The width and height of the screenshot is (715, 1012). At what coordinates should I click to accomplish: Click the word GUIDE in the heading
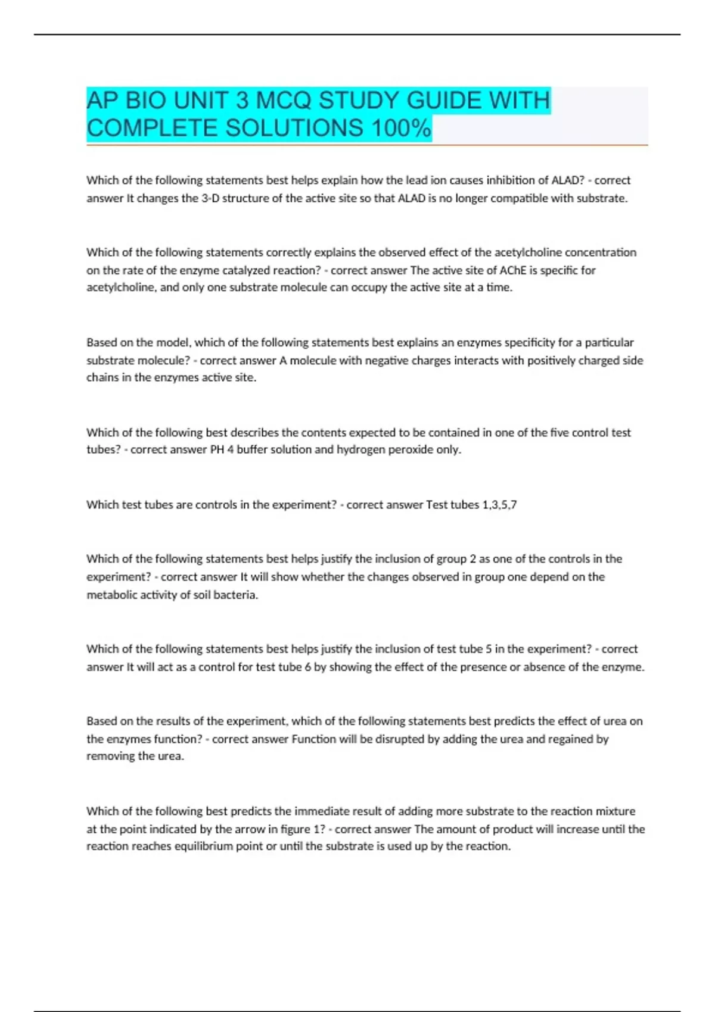[x=444, y=101]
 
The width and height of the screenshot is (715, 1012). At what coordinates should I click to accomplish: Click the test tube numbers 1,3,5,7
[x=499, y=505]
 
